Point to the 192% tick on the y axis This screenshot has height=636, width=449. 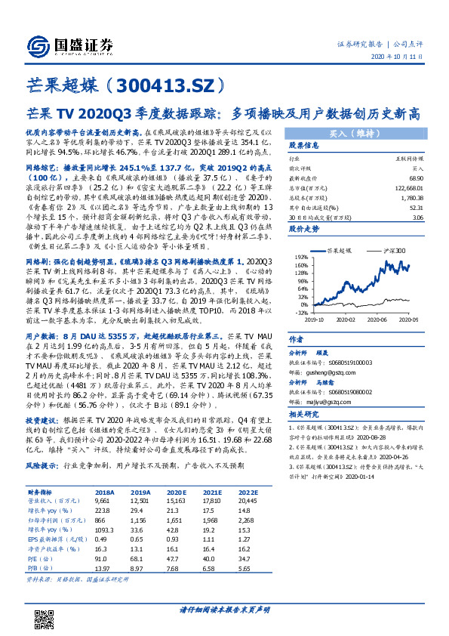tap(300, 258)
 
